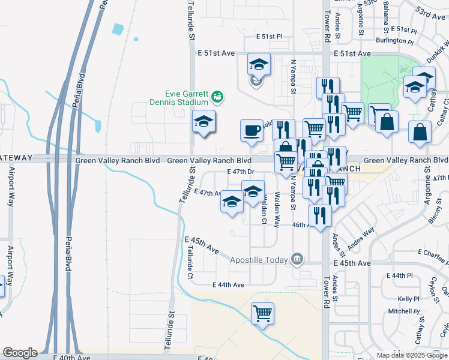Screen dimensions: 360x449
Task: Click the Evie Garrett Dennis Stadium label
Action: (187, 98)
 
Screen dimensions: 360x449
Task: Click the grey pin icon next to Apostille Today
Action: (297, 259)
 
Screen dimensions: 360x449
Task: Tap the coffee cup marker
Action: (252, 130)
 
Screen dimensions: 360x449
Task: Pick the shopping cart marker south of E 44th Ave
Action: (262, 313)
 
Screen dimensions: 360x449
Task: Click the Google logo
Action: (20, 353)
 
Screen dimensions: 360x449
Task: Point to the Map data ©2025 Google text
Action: (411, 355)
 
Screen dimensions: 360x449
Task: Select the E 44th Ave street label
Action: (229, 284)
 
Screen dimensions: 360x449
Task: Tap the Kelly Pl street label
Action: (408, 299)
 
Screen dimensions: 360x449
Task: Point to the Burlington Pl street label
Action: (395, 42)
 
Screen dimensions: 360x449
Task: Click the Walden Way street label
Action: (276, 210)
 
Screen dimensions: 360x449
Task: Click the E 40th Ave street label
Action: (71, 357)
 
